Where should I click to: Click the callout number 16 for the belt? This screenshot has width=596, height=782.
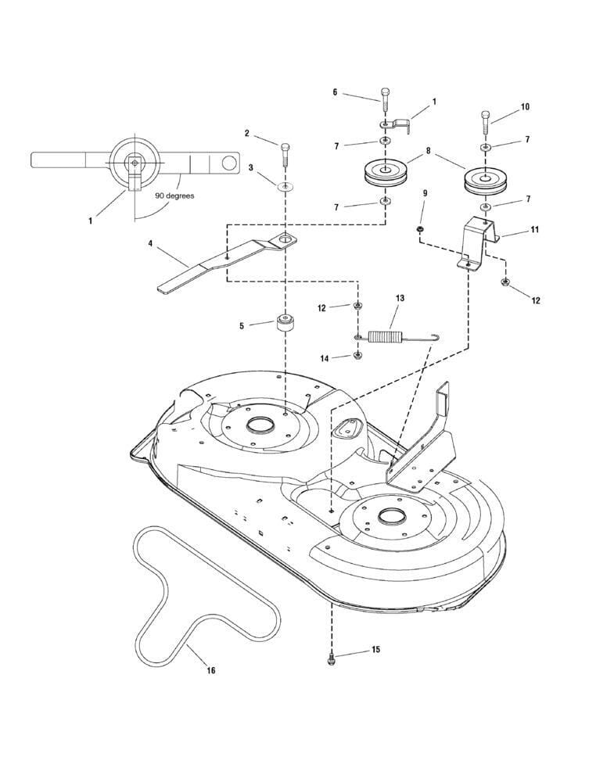[x=211, y=670]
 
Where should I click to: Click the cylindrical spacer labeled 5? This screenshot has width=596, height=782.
[x=285, y=325]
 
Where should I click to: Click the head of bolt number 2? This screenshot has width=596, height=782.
[x=285, y=147]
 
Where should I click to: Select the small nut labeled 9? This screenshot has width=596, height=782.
[x=420, y=229]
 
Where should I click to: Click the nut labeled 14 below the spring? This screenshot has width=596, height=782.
[x=357, y=356]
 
